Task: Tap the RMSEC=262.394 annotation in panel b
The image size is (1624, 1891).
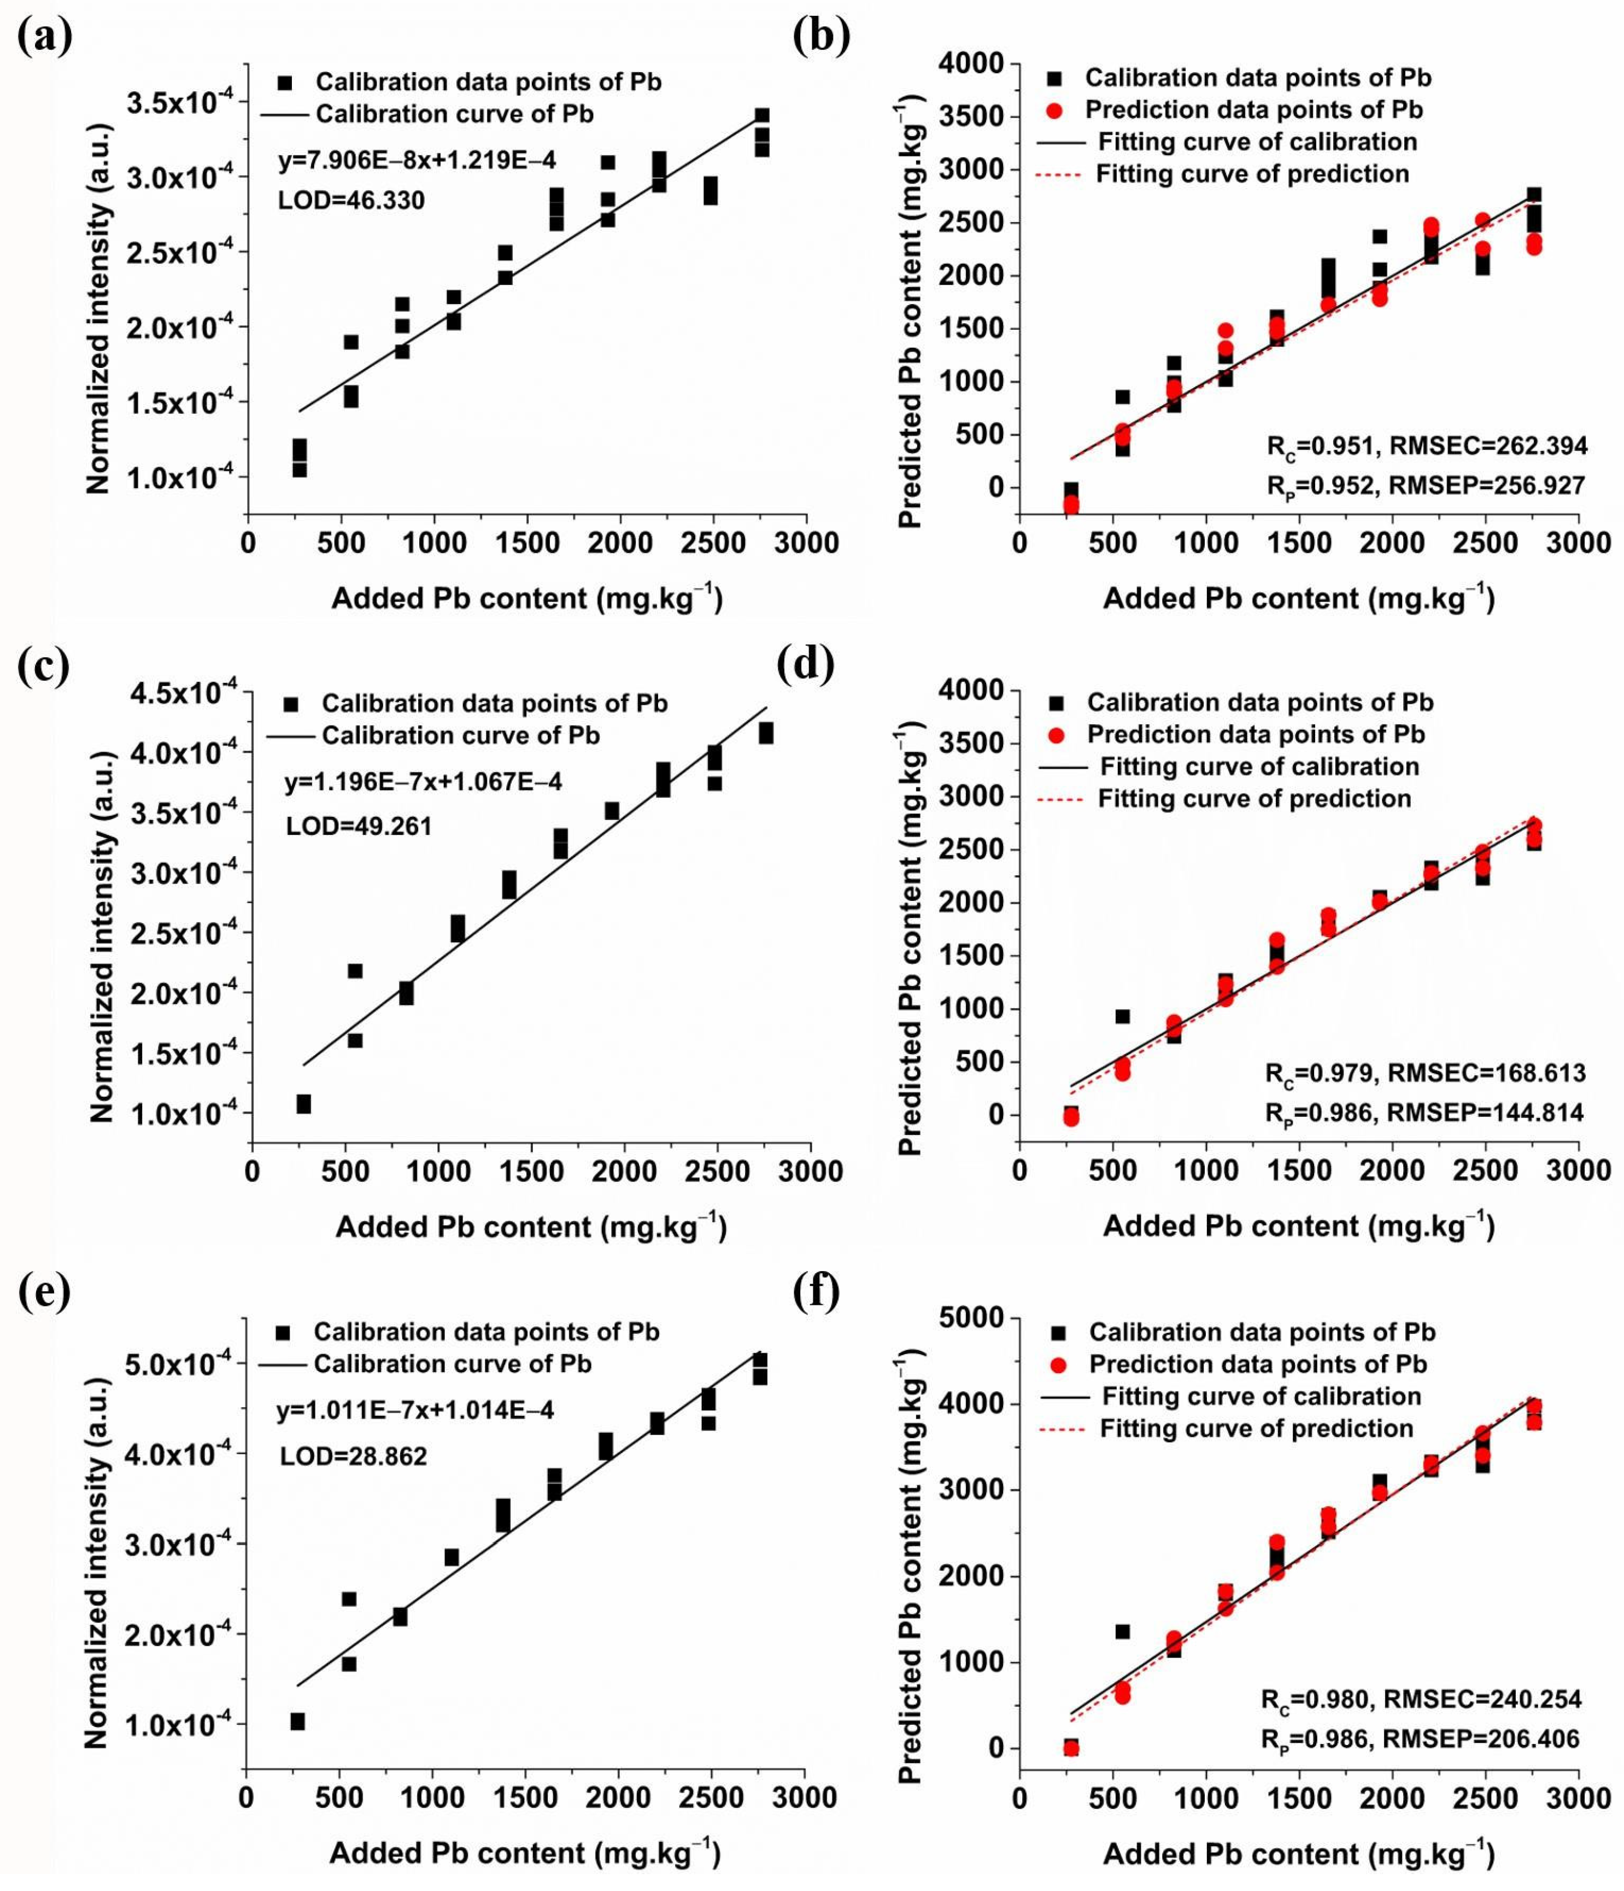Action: coord(1487,446)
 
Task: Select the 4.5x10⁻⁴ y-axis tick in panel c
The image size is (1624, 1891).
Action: coord(190,695)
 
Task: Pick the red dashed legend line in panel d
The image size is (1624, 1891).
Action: coord(1060,799)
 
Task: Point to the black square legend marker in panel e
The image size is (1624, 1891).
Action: coord(282,1333)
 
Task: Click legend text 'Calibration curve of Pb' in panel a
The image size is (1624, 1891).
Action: coord(454,114)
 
